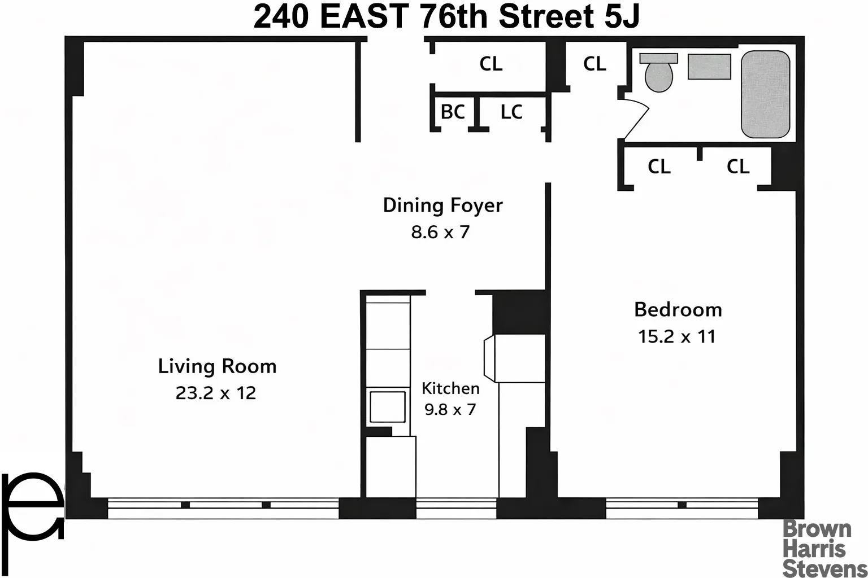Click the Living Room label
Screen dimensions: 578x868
point(217,366)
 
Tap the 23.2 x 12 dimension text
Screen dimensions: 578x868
point(216,393)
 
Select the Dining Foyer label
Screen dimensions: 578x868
point(442,205)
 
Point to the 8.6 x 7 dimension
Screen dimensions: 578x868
point(440,232)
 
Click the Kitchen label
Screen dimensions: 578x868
point(450,388)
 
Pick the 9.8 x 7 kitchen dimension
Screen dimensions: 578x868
point(450,409)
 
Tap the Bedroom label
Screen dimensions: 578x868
point(678,309)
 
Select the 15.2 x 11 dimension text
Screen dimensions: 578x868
point(676,336)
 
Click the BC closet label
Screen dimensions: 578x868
point(453,112)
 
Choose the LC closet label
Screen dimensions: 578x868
point(511,112)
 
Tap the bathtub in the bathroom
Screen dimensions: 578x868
point(765,94)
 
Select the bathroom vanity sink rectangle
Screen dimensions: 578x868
point(709,67)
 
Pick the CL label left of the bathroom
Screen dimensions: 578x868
point(594,63)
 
